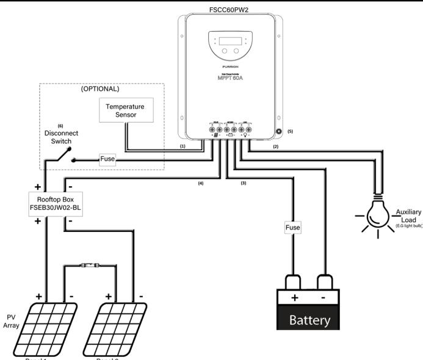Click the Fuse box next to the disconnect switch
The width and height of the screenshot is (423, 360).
coord(108,160)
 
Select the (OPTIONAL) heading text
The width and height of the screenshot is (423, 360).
coord(102,88)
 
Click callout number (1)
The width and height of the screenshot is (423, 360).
coord(183,147)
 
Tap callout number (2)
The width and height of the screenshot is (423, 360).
coord(275,147)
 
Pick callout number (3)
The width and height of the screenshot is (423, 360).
coord(243,183)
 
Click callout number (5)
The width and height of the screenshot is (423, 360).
coord(291,131)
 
